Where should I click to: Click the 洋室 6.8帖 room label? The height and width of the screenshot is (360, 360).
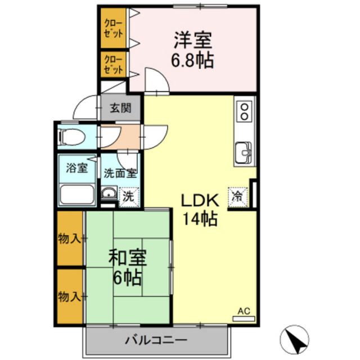[192, 50]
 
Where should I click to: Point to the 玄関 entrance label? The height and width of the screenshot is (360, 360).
[120, 108]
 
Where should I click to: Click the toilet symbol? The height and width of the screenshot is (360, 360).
[71, 137]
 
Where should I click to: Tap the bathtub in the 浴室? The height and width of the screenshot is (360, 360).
[76, 195]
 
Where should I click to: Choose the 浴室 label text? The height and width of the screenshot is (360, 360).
[77, 168]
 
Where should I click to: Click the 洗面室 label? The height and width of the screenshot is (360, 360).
[120, 173]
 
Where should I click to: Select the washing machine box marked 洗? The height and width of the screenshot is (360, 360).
[129, 197]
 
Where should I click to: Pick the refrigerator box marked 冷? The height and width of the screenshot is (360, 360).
[237, 197]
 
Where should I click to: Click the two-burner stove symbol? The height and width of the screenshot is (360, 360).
[245, 112]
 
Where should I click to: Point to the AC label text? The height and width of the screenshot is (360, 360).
[244, 311]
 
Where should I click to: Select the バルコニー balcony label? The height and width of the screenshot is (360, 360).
[156, 340]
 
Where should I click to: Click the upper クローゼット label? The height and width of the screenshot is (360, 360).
[114, 29]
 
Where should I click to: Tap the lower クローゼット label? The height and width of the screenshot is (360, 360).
[114, 65]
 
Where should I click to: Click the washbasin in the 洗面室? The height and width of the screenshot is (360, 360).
[109, 192]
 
